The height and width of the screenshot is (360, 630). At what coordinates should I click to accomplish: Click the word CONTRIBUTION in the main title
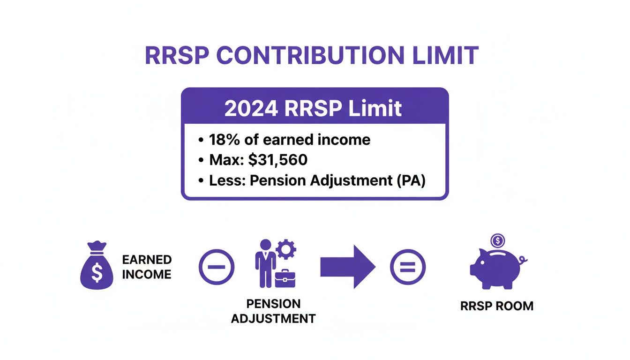point(311,56)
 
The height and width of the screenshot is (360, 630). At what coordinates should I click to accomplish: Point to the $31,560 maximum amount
point(277,160)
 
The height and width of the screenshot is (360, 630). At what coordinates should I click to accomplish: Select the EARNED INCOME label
point(147,267)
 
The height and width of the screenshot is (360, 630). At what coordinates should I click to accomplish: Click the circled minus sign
point(216,267)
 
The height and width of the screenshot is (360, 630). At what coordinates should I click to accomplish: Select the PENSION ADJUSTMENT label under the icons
point(273,311)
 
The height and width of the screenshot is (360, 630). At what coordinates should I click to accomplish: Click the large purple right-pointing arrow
point(347,267)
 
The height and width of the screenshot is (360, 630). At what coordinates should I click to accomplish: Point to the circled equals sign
point(408,267)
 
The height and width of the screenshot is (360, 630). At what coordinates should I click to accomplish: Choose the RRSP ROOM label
point(497,307)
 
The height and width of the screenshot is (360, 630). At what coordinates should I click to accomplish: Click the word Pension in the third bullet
point(278,180)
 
